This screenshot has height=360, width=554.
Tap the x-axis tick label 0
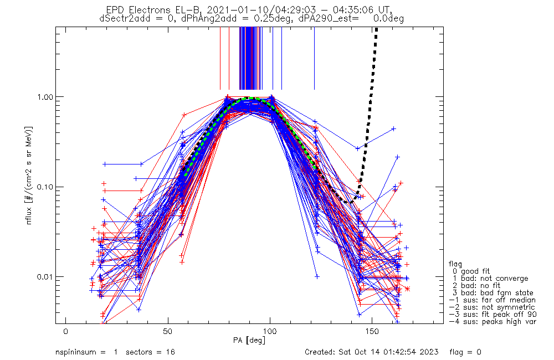click(x=66, y=332)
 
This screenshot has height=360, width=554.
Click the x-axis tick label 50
click(x=168, y=332)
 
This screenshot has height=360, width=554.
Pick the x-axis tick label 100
click(x=270, y=332)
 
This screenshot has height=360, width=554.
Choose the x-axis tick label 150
click(x=372, y=332)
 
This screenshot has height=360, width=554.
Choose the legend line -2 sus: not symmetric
click(x=492, y=307)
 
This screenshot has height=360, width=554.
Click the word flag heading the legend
click(x=456, y=264)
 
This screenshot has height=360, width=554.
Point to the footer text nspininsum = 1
click(x=86, y=352)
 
